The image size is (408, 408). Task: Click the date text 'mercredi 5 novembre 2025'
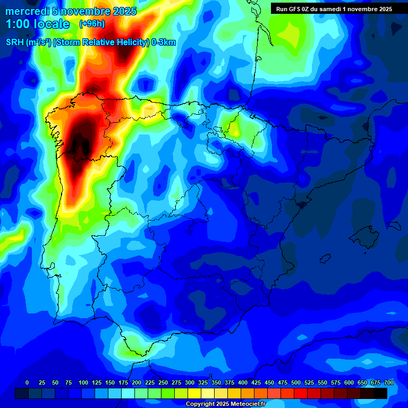pyautogui.click(x=71, y=11)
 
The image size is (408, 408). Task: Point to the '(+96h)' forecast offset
pyautogui.click(x=92, y=24)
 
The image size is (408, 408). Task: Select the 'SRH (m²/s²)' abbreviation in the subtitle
pyautogui.click(x=27, y=42)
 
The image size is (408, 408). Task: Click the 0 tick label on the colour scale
pyautogui.click(x=27, y=382)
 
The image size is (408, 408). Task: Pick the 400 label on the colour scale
pyautogui.click(x=243, y=382)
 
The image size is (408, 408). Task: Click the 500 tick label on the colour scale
pyautogui.click(x=296, y=382)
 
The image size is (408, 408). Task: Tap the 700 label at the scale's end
pyautogui.click(x=388, y=382)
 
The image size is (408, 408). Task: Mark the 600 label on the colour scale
pyautogui.click(x=349, y=382)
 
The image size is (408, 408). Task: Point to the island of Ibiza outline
pyautogui.click(x=325, y=258)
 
